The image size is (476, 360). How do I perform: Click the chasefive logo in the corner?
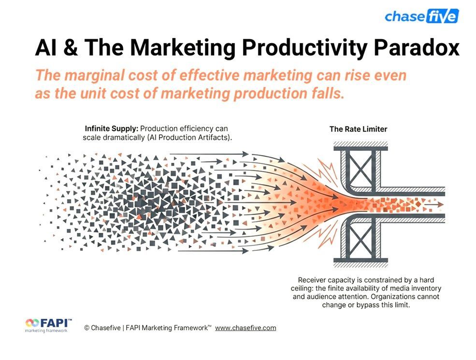coord(422,16)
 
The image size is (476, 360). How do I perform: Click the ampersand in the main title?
coord(71,48)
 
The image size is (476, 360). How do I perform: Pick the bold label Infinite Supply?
coord(111,129)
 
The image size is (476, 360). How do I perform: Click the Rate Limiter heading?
coord(358,129)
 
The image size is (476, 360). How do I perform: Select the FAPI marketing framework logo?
coord(49,325)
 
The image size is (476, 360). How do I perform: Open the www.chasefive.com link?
coord(245,328)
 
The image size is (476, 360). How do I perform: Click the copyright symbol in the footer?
coord(87,328)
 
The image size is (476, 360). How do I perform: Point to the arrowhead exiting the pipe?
coord(440,204)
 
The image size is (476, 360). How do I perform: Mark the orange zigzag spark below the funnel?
coord(326,235)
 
